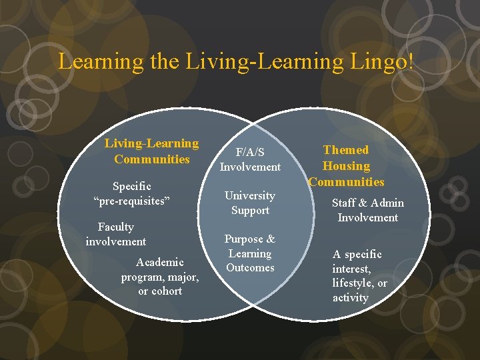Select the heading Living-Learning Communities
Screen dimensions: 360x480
click(x=151, y=151)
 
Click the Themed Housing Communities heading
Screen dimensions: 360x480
click(x=346, y=166)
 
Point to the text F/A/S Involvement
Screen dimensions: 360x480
click(x=250, y=160)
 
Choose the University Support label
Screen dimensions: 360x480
click(x=250, y=203)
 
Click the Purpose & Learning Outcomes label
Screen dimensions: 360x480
click(x=250, y=253)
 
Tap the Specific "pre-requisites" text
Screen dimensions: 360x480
click(x=132, y=193)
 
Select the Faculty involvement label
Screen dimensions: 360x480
click(x=116, y=234)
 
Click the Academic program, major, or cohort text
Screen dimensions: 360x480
click(x=160, y=276)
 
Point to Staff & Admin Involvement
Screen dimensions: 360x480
click(x=368, y=210)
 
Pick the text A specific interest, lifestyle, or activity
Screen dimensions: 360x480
click(x=359, y=276)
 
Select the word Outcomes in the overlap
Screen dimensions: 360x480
click(x=250, y=267)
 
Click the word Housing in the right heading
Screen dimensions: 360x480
click(x=346, y=166)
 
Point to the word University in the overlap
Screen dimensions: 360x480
click(x=250, y=195)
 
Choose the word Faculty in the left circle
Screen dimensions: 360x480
click(x=115, y=227)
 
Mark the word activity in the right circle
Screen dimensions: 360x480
click(x=351, y=297)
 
